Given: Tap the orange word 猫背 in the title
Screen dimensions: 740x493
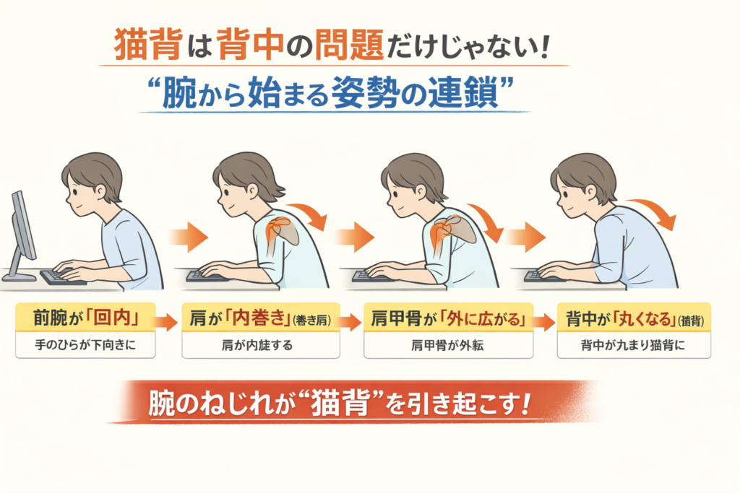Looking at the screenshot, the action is tap(147, 45).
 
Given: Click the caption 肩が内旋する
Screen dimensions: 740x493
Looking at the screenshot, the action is tap(257, 346).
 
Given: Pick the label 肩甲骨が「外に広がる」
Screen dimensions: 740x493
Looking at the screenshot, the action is tap(448, 318).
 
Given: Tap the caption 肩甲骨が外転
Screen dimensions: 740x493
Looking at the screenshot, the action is tap(447, 346).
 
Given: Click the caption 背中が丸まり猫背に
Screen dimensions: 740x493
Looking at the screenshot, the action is tap(633, 346).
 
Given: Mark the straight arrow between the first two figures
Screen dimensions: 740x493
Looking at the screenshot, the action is tap(189, 237).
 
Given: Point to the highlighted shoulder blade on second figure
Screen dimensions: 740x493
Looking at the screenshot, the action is tap(283, 230).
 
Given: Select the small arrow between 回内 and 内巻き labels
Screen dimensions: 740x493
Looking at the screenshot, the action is tap(166, 322).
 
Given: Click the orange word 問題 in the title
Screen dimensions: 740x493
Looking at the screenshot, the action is tap(349, 45).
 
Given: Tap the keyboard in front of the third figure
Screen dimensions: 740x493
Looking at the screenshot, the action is tap(372, 276).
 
